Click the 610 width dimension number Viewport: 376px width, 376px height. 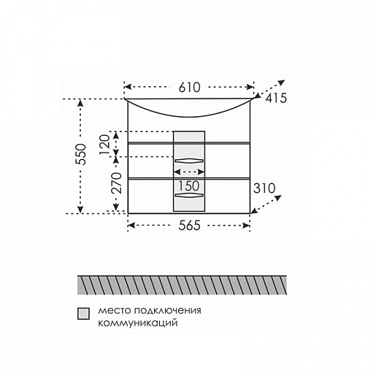click(189, 88)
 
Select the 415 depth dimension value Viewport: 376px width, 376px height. click(276, 99)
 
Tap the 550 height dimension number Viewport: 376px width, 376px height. click(81, 155)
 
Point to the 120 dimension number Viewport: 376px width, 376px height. click(105, 145)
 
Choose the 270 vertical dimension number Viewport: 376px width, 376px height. click(116, 183)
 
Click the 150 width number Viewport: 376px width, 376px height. click(189, 186)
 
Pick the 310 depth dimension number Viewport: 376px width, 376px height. click(264, 188)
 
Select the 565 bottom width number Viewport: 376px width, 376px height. click(189, 226)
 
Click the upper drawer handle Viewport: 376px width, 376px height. click(189, 161)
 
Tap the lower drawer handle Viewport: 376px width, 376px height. click(189, 195)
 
